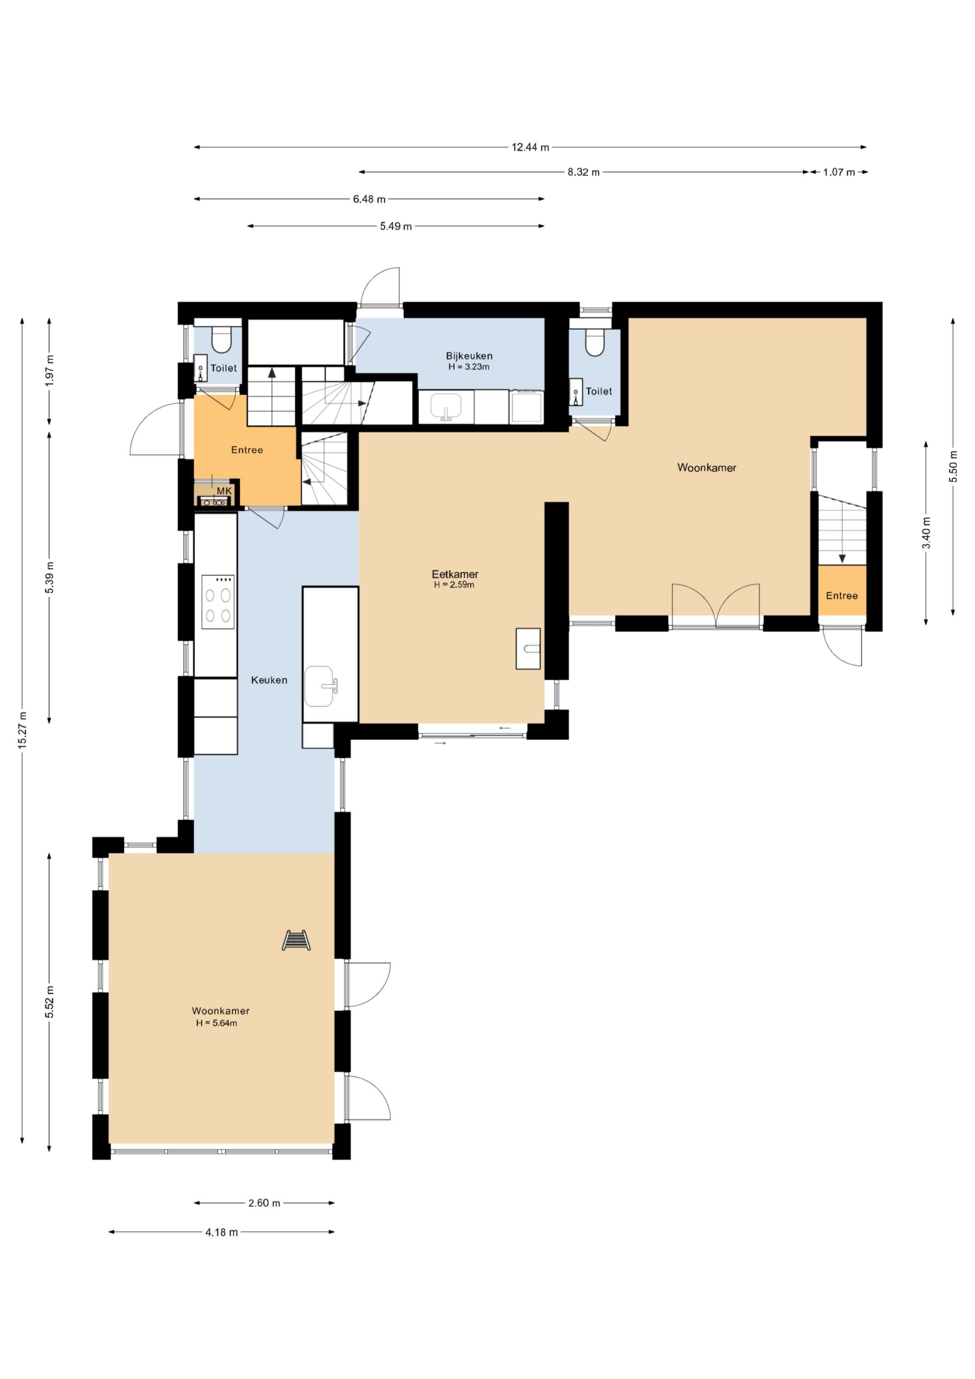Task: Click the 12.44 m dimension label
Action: [x=530, y=147]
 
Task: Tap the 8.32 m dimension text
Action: [x=583, y=172]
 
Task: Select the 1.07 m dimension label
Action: [x=839, y=172]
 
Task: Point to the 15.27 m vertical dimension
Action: [x=23, y=730]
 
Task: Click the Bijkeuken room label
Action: [x=469, y=356]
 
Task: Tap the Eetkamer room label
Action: [x=455, y=574]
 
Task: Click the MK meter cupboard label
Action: [x=224, y=491]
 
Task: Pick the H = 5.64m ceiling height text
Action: [x=216, y=1023]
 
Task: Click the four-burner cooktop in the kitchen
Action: [x=218, y=602]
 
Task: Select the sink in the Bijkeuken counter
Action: [x=446, y=408]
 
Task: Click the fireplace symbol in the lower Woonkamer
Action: [x=296, y=940]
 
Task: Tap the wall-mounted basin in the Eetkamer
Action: [x=528, y=649]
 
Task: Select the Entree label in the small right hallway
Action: [x=842, y=596]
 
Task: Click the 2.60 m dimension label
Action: [x=265, y=1203]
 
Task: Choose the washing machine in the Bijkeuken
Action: [x=526, y=407]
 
